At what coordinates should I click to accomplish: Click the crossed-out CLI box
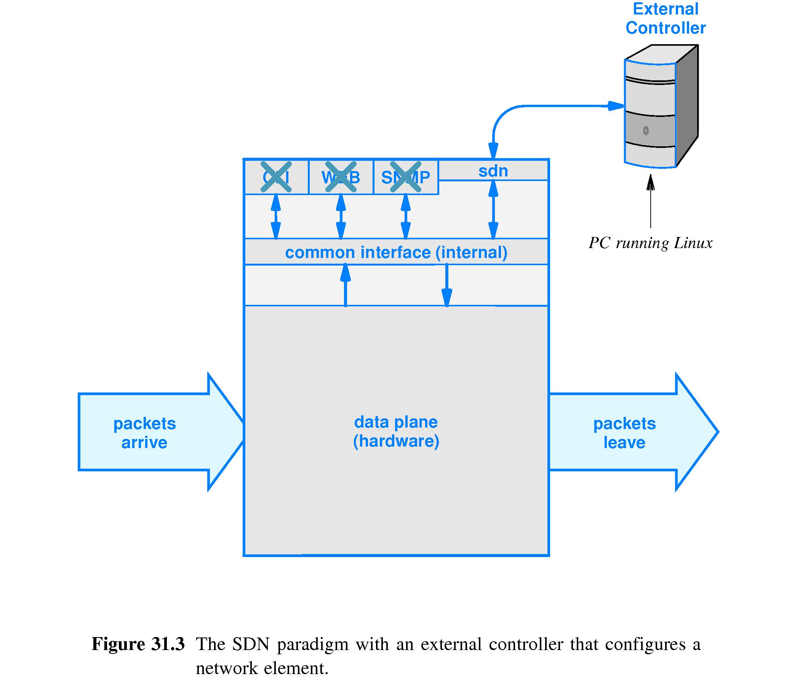(276, 177)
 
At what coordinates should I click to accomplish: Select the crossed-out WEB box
(341, 177)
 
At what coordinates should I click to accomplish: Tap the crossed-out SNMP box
(405, 177)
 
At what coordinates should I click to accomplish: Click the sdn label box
(493, 171)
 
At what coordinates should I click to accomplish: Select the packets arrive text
(144, 432)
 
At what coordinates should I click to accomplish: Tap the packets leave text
(624, 432)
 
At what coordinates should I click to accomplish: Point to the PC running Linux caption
(650, 243)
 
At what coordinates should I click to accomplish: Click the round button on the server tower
(646, 131)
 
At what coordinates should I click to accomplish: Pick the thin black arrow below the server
(651, 202)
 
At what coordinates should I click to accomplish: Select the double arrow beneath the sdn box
(493, 209)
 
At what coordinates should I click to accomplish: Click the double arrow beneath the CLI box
(275, 216)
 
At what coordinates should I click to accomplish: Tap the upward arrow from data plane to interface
(345, 285)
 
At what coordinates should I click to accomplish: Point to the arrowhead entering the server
(615, 106)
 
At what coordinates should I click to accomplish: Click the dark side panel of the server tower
(687, 105)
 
